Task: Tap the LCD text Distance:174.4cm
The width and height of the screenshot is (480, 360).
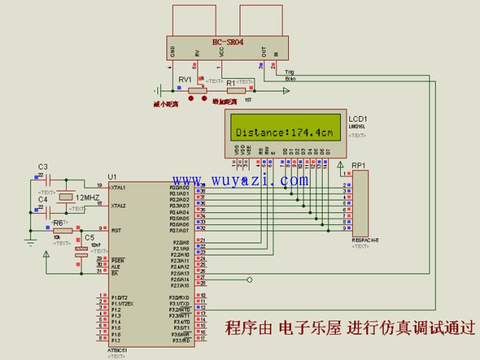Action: (x=284, y=132)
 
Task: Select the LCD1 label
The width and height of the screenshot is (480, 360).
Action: (x=358, y=119)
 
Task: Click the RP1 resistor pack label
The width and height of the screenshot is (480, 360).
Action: (x=359, y=165)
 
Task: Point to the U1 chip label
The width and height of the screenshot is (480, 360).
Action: (x=113, y=177)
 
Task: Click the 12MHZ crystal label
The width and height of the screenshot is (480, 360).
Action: (x=87, y=198)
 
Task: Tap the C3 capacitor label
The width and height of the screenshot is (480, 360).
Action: (x=42, y=167)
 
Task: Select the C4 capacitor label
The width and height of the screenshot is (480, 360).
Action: (x=42, y=200)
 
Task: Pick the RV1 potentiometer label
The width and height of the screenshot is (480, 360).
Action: (x=185, y=79)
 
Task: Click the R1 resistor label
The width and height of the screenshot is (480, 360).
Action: (x=231, y=82)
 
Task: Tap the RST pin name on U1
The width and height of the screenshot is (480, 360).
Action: (x=115, y=229)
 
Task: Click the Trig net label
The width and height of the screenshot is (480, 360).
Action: (x=290, y=72)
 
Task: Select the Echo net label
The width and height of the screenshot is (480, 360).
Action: (x=290, y=79)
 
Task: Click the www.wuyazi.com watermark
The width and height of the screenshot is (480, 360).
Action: (x=241, y=181)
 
